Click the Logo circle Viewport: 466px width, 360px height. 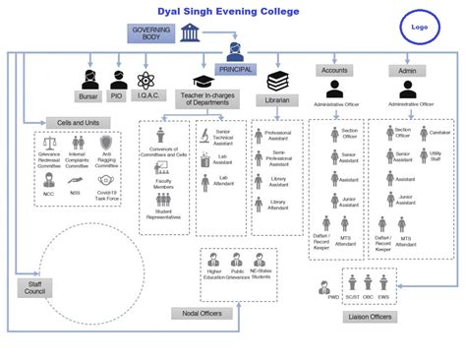(x=420, y=29)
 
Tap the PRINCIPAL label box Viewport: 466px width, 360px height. (x=235, y=69)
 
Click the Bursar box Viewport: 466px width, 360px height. (x=89, y=96)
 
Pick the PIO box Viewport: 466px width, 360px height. (x=118, y=96)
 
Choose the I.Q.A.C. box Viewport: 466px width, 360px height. (x=148, y=96)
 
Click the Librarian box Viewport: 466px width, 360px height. (x=276, y=100)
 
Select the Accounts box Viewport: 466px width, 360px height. (x=335, y=71)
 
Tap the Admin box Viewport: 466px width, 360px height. (x=404, y=71)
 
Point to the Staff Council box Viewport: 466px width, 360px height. (x=32, y=287)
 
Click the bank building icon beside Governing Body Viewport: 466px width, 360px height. (x=190, y=34)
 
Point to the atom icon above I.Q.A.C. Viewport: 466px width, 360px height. (x=148, y=79)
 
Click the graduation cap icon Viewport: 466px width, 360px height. (x=204, y=80)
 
